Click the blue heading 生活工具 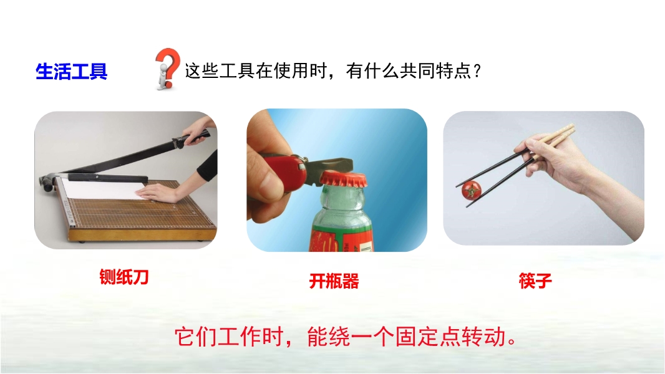pyautogui.click(x=71, y=71)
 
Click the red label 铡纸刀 pyautogui.click(x=124, y=277)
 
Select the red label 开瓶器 pyautogui.click(x=334, y=281)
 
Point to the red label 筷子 pyautogui.click(x=535, y=281)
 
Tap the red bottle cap pyautogui.click(x=342, y=180)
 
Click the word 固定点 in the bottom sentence pyautogui.click(x=428, y=337)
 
